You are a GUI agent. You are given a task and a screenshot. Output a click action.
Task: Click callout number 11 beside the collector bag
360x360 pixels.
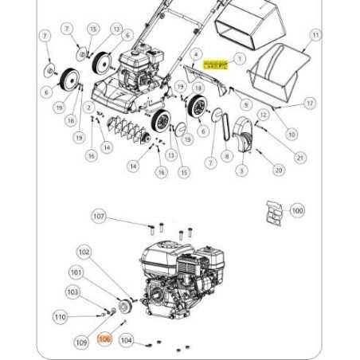coord(316,35)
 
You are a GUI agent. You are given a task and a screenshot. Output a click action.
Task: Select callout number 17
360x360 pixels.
coord(310,104)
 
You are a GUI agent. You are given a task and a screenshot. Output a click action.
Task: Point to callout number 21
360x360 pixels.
coord(299,158)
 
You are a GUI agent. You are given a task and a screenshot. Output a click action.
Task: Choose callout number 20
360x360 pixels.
coord(278,170)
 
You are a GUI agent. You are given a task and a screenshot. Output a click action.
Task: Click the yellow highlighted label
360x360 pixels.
coord(215,63)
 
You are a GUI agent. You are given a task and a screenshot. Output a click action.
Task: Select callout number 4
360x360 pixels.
coord(194,53)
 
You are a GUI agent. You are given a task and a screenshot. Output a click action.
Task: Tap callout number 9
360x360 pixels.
coord(246,104)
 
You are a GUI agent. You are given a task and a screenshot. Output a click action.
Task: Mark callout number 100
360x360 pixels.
coord(297,211)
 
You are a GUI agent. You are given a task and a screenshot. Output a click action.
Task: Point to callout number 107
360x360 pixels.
coord(100,216)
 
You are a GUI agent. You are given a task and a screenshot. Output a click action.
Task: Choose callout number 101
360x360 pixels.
coord(76,272)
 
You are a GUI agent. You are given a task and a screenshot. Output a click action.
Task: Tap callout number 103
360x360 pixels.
coord(72,292)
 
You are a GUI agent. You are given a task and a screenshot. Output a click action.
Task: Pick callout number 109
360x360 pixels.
coord(80,342)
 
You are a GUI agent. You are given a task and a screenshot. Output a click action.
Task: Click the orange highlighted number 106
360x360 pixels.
coord(104,339)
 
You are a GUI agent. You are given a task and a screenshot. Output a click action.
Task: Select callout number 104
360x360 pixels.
coord(126,340)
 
